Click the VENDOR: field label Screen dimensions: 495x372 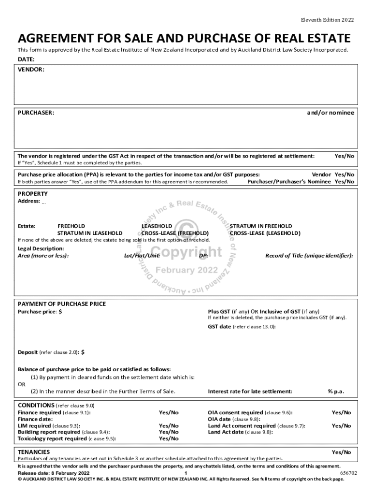[x=31, y=70]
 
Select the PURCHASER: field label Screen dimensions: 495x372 [x=36, y=113]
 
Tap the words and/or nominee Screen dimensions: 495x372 [x=330, y=113]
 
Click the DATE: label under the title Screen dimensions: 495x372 [x=26, y=59]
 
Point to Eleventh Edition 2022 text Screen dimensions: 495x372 [x=327, y=20]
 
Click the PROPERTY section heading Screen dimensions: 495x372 [x=33, y=193]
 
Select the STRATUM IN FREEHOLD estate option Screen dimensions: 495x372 [x=260, y=226]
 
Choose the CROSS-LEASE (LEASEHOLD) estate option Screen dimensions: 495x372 [x=265, y=233]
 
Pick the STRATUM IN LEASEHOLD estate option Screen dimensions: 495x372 [x=90, y=233]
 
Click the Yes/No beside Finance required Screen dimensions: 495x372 [x=169, y=412]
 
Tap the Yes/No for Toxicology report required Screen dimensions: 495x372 [x=169, y=438]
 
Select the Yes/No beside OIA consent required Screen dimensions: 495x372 [x=341, y=412]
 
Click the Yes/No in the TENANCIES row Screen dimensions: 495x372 [x=341, y=451]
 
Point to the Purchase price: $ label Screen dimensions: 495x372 [x=40, y=312]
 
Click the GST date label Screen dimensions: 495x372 [x=220, y=327]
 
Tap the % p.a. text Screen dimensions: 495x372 [x=336, y=391]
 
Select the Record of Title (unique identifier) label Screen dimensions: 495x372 [x=309, y=255]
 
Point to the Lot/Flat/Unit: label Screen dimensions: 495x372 [x=142, y=255]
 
